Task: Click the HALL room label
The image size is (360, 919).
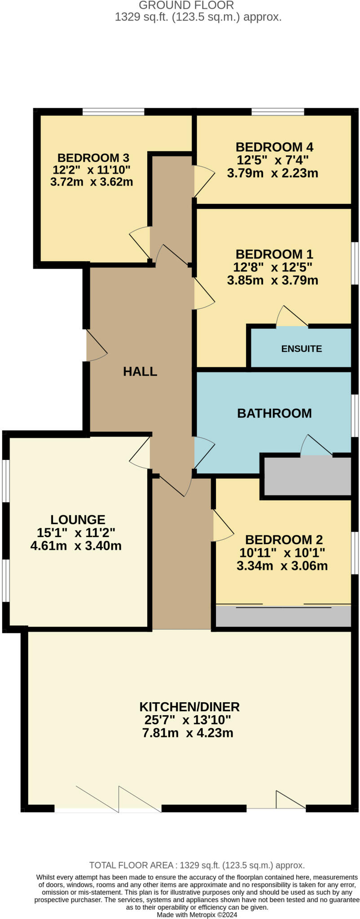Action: coord(140,371)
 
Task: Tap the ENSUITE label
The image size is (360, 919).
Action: coord(301,349)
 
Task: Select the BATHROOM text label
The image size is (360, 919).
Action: coord(274,413)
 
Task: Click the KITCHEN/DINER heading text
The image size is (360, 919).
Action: coord(189,707)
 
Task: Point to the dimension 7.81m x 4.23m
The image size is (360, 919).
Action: coord(188,733)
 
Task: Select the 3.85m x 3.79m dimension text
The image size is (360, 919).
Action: coord(273,280)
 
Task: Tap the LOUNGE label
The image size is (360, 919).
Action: coord(78,520)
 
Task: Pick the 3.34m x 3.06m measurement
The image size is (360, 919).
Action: coord(282,565)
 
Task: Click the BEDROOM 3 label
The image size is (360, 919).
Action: coord(93,158)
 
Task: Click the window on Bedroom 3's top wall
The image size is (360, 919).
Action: coord(113,112)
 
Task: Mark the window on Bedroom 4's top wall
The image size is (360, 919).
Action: coord(277,112)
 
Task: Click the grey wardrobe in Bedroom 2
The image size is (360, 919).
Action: coord(283,617)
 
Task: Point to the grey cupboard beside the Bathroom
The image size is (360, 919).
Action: coord(307,476)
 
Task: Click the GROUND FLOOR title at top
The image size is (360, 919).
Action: coord(186,5)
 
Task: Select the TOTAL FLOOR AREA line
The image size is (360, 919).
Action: coord(197,865)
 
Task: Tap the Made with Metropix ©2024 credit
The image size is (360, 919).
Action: coord(197,915)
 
